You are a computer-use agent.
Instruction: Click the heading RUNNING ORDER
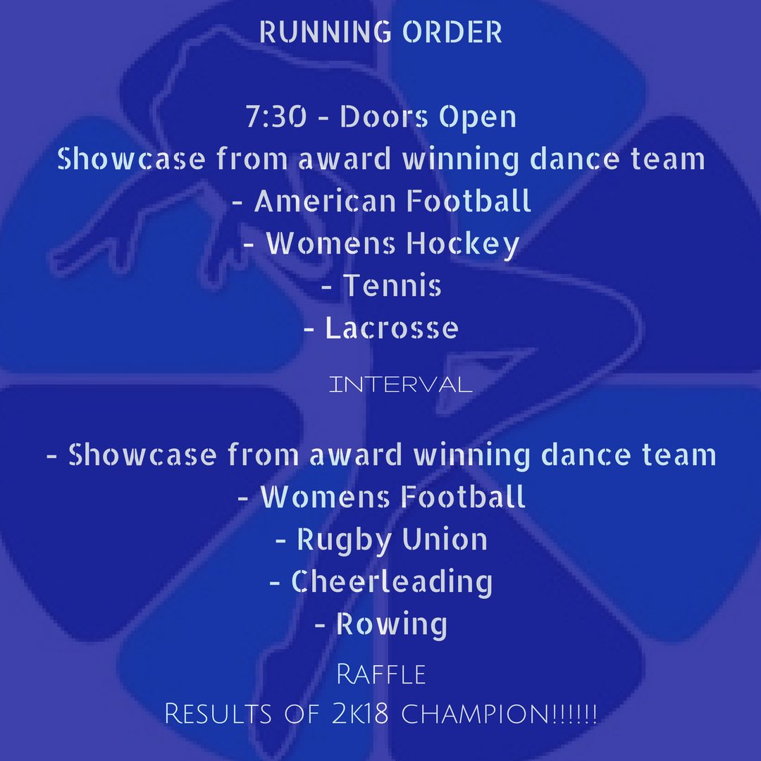380,33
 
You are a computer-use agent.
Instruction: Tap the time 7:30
276,118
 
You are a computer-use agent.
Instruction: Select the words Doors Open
428,118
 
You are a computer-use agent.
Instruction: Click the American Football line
392,202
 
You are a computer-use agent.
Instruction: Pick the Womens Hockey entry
392,244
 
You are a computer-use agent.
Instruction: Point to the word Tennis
392,286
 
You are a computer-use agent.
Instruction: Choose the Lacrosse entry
392,328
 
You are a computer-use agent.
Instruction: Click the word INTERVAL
400,385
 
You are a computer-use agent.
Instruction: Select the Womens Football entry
393,497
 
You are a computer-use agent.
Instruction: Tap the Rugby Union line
392,540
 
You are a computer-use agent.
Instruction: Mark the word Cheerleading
392,583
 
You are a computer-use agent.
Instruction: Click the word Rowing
392,625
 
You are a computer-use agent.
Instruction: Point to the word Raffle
381,674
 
